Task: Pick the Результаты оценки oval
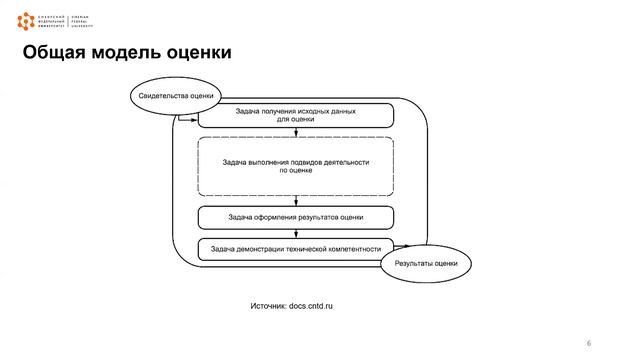point(426,263)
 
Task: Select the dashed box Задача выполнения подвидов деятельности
point(296,166)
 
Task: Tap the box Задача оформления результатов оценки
point(295,216)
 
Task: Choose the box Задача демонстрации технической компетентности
point(295,248)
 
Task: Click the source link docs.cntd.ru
point(310,304)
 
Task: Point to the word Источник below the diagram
point(266,304)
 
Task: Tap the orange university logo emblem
point(25,20)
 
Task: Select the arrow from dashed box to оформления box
point(296,201)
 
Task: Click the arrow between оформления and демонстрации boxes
point(296,233)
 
